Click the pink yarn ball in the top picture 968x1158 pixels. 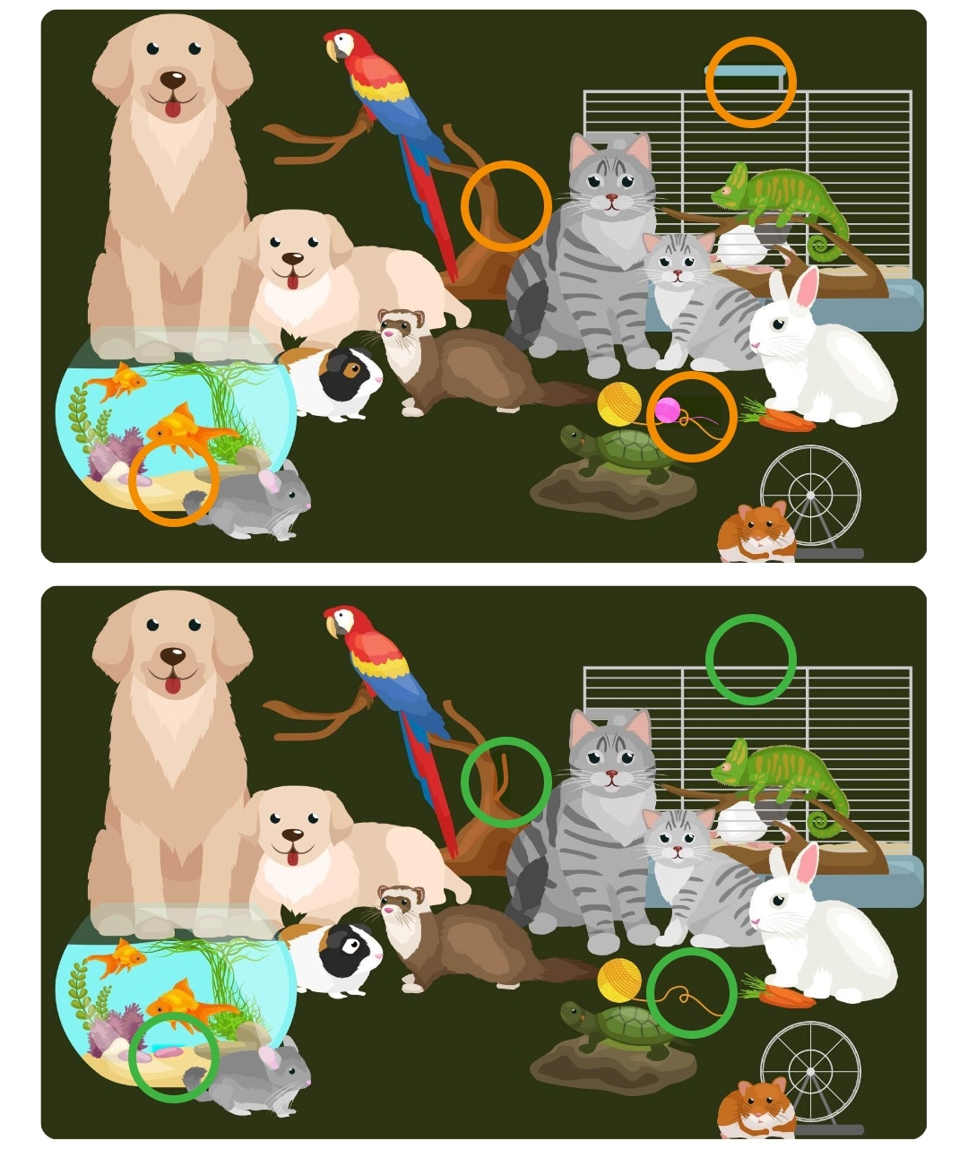click(667, 410)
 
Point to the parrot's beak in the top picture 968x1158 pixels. click(332, 51)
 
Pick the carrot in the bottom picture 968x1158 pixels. click(782, 995)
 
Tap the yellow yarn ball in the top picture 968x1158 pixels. click(618, 402)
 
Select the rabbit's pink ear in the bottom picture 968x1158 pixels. click(807, 864)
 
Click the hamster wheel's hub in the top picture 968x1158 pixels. click(810, 495)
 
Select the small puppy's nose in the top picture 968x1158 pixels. click(292, 259)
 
